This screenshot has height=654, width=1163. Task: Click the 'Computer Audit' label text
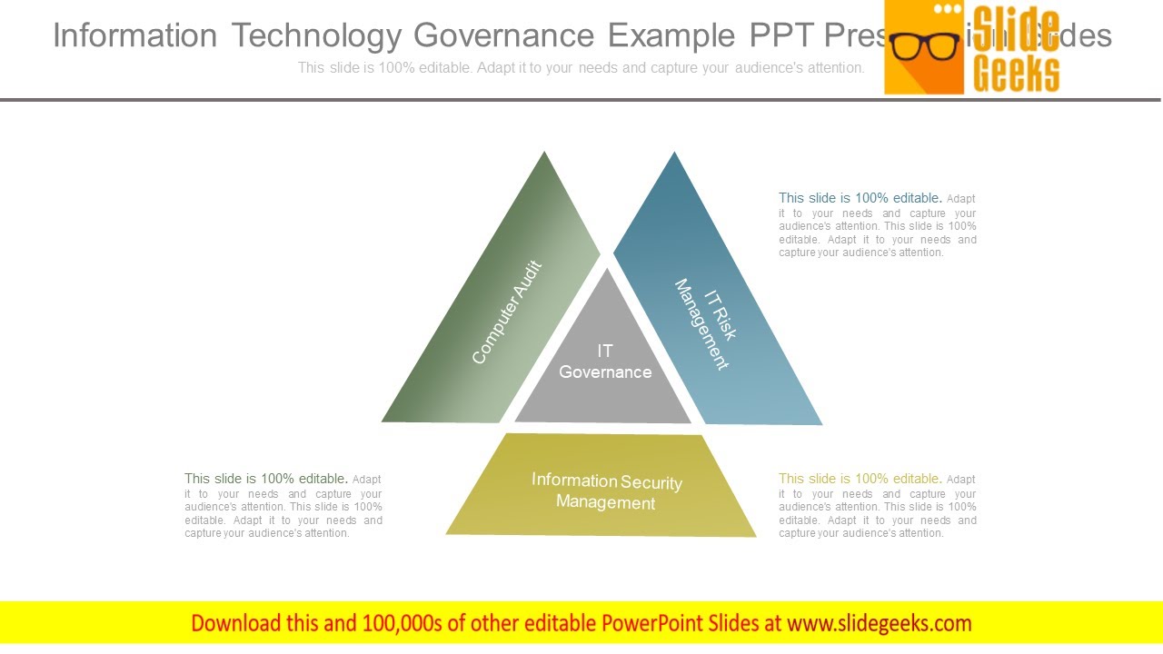coord(507,312)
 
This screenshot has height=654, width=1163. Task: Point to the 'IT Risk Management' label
coord(706,323)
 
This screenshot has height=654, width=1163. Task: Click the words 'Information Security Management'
coord(606,491)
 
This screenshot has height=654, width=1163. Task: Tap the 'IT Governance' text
coord(605,362)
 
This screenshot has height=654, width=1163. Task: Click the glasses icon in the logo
coord(925,45)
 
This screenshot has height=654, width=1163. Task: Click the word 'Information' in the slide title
coord(134,35)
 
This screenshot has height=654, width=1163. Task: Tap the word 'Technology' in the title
coord(315,35)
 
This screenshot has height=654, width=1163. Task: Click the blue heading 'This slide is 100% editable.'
coord(860,198)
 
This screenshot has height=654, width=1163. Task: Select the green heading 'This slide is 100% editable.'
coord(265,479)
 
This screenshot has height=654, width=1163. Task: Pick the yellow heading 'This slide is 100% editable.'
coord(860,479)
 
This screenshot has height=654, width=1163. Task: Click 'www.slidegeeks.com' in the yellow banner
coord(879,623)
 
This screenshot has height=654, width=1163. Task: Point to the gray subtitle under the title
coord(581,67)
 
